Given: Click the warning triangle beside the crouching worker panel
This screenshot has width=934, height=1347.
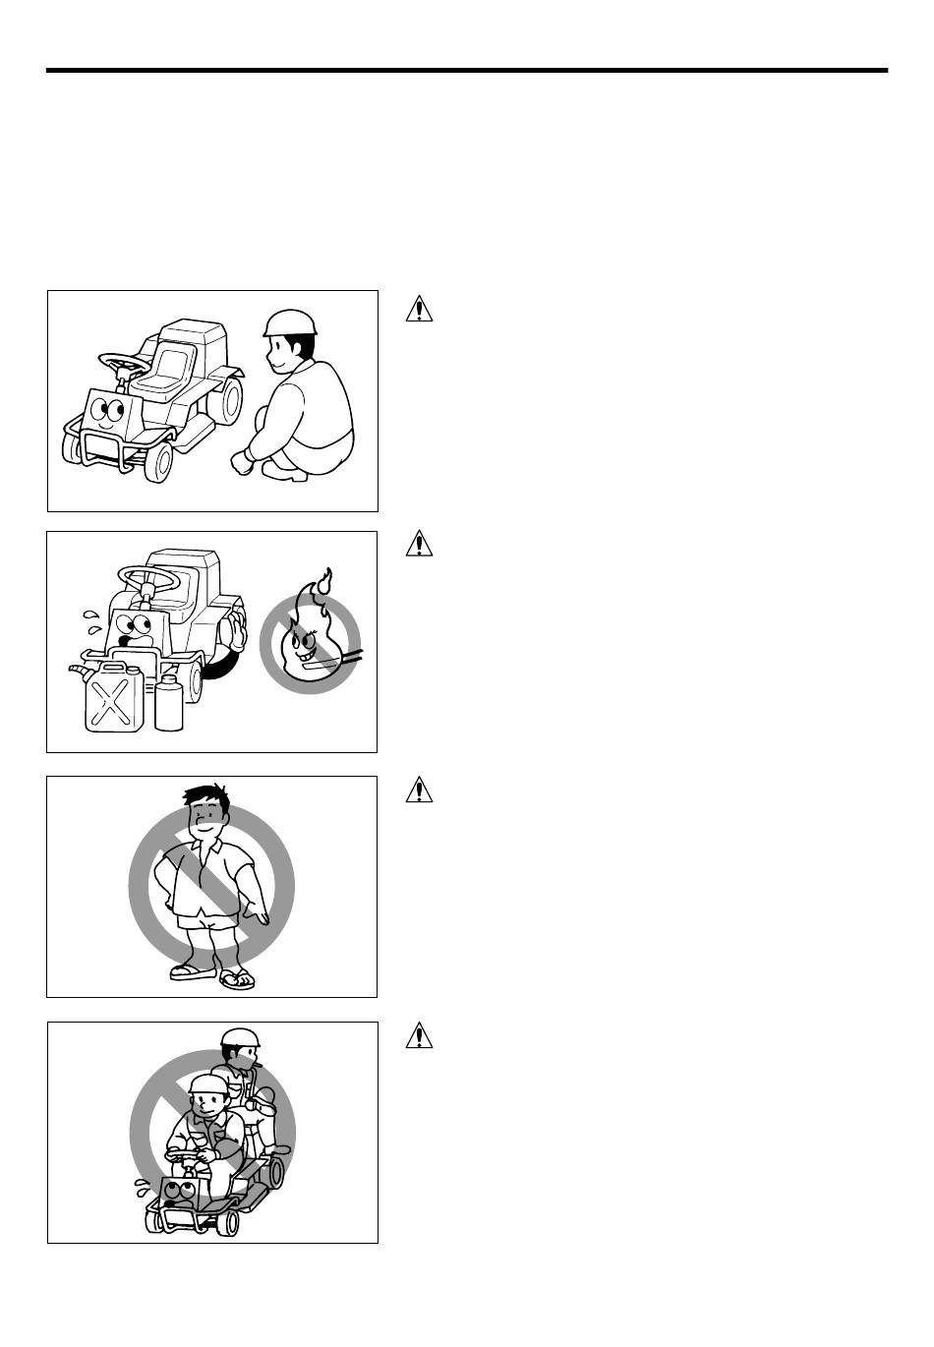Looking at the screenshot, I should click(420, 309).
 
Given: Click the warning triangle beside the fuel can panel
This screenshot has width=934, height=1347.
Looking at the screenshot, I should click(420, 543).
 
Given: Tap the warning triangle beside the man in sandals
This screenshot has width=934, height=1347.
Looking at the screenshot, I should click(420, 789).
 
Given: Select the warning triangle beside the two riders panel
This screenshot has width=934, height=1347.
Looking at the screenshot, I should click(420, 1034).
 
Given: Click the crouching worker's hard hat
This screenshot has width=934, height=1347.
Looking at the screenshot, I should click(291, 322).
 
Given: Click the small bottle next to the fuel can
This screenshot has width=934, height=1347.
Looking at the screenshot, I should click(169, 703).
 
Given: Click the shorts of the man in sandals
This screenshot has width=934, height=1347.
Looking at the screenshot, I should click(204, 914).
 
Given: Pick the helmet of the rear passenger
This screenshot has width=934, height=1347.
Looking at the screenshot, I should click(239, 1038).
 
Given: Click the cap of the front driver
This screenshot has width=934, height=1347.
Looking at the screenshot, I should click(207, 1084).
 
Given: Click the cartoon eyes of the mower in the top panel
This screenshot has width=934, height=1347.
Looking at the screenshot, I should click(109, 410).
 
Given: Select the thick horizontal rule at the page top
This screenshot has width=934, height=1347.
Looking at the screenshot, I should click(467, 71).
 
